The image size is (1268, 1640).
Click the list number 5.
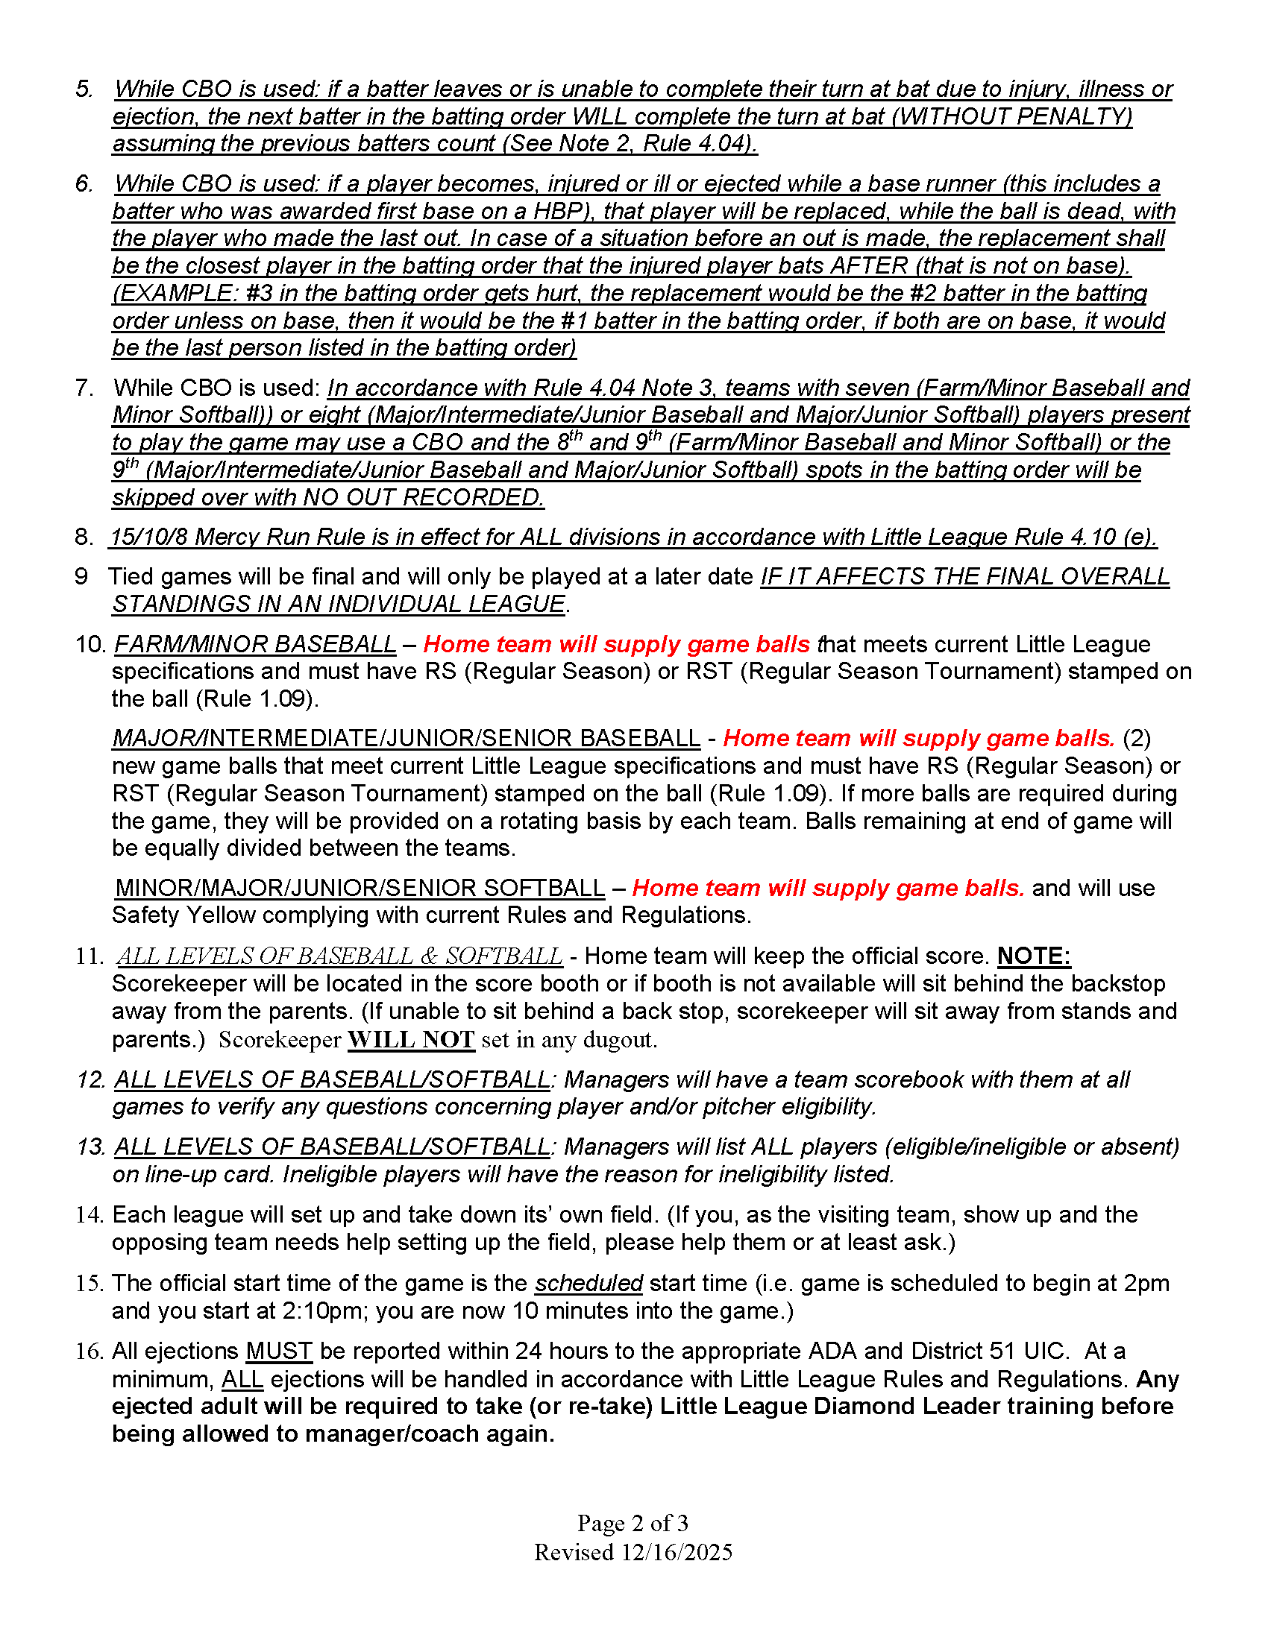click(84, 89)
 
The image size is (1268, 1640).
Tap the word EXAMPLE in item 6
click(175, 293)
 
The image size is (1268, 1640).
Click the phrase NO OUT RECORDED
click(422, 497)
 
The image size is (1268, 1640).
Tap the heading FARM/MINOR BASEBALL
click(254, 644)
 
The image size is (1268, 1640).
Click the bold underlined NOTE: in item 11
click(1034, 956)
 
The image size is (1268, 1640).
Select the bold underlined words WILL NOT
click(411, 1039)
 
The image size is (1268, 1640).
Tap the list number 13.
click(90, 1147)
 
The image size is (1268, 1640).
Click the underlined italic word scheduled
click(589, 1284)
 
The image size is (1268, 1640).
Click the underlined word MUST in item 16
click(279, 1352)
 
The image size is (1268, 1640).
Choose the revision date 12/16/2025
click(677, 1552)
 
